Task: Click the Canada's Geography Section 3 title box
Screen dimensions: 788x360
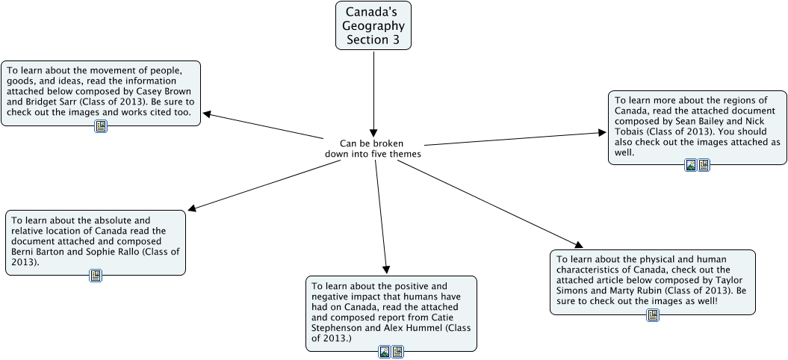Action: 373,25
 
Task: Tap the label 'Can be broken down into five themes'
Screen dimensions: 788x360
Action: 373,149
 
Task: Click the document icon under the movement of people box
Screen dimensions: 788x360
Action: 101,126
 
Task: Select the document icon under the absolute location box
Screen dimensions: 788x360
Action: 96,276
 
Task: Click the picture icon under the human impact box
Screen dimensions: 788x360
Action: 385,352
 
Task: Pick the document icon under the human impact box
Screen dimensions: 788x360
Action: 397,352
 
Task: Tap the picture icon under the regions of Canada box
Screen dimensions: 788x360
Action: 691,165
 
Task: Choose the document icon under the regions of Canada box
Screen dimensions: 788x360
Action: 704,165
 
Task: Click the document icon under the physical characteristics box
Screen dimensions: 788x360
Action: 653,315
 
